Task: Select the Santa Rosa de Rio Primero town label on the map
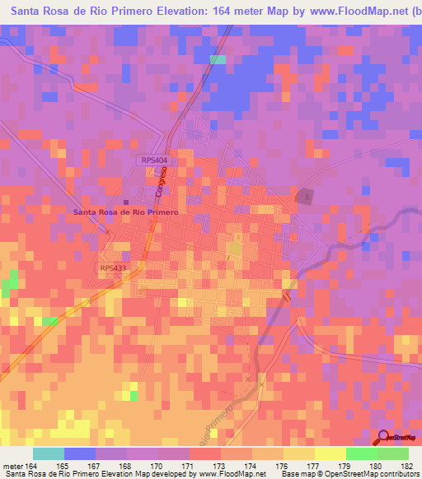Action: pyautogui.click(x=126, y=212)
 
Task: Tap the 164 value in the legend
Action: pyautogui.click(x=31, y=465)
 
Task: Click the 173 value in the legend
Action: pyautogui.click(x=221, y=465)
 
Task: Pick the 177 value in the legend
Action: pyautogui.click(x=315, y=465)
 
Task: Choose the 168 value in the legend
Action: pyautogui.click(x=127, y=465)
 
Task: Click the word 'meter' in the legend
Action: pyautogui.click(x=12, y=465)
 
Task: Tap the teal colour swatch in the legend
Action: pyautogui.click(x=49, y=453)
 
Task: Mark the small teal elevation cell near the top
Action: pyautogui.click(x=218, y=59)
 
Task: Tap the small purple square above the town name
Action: pyautogui.click(x=126, y=201)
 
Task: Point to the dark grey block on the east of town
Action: pyautogui.click(x=305, y=197)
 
